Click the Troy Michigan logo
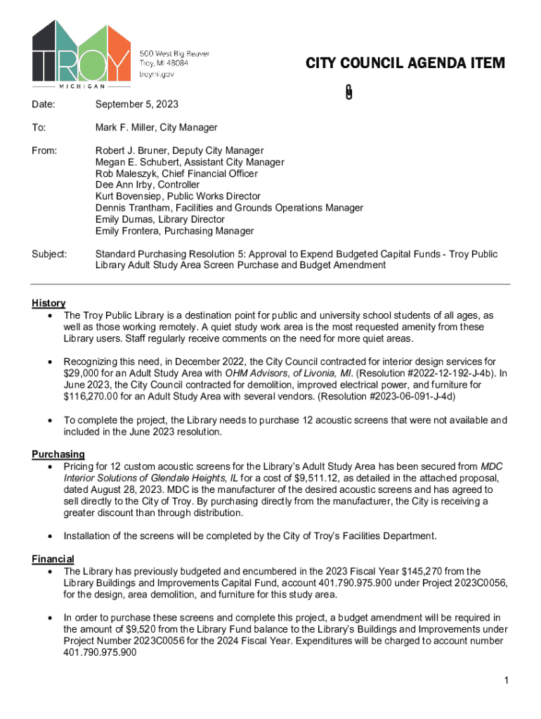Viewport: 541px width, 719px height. pos(81,54)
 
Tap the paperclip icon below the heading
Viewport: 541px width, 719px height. pos(348,92)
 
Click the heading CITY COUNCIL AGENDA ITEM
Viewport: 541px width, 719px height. pos(405,64)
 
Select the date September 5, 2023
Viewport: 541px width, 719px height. pos(137,105)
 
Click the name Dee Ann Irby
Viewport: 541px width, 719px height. pos(120,185)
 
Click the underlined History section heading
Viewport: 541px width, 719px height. pos(48,303)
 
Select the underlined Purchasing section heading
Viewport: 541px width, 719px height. pos(58,454)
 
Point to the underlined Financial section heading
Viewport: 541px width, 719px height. pos(53,559)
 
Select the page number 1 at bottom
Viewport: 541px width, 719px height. pos(506,680)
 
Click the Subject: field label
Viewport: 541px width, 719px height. pos(49,254)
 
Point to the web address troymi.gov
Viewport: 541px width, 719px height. pos(157,73)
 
